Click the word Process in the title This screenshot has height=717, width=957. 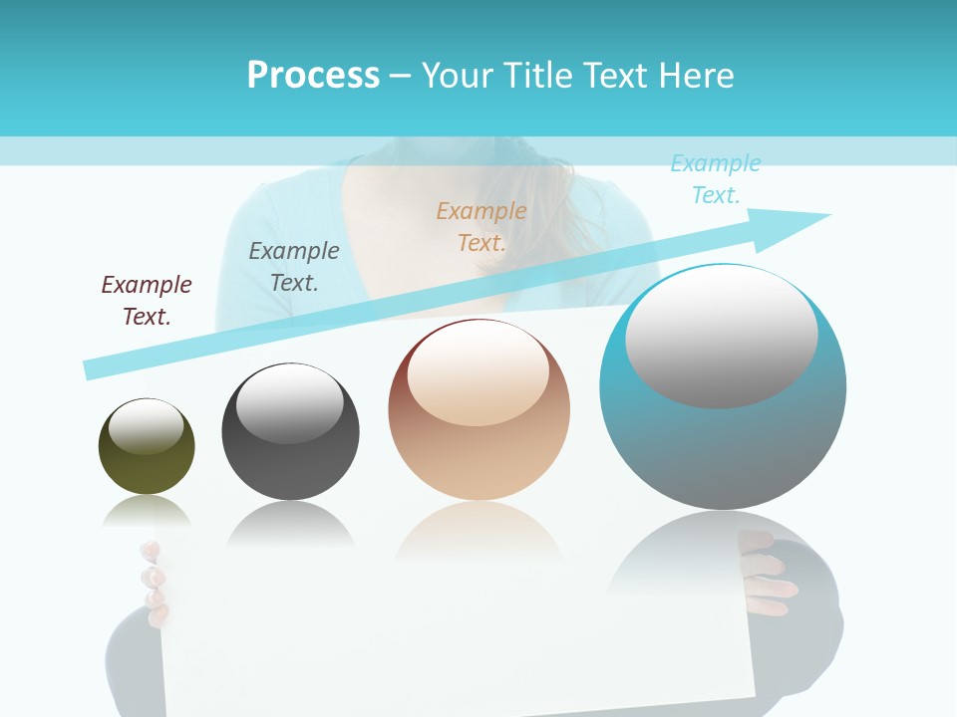point(313,76)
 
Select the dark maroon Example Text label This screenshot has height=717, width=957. point(147,300)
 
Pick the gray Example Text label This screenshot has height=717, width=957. point(294,266)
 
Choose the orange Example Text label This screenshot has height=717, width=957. point(481,226)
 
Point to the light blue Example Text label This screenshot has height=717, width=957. point(716,179)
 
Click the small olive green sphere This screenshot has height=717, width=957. point(147,468)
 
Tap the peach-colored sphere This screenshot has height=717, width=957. point(478,458)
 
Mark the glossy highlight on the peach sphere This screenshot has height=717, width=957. point(478,372)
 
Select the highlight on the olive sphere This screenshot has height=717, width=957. point(147,426)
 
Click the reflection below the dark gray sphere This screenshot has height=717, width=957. point(290,522)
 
